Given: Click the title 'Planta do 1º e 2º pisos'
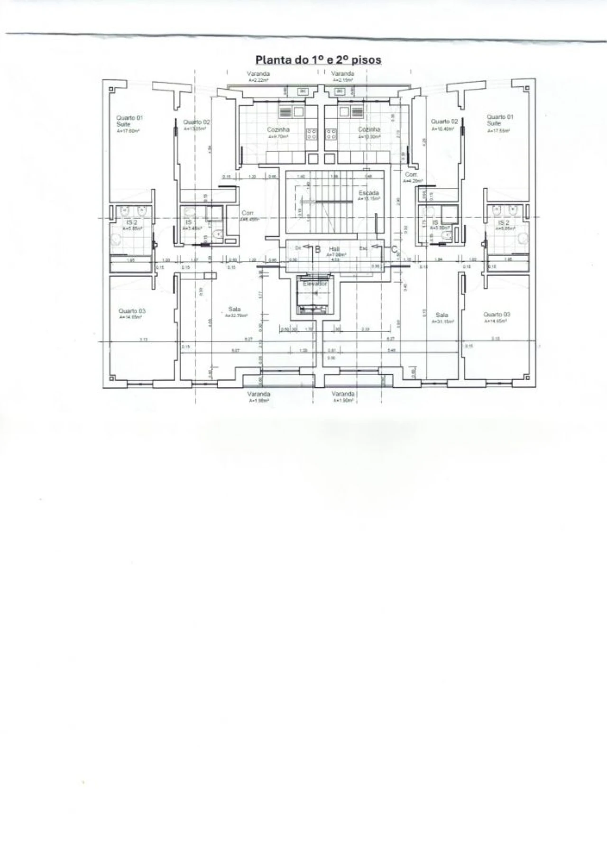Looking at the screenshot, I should pos(318,60).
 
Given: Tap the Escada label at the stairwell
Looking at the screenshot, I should pos(368,193).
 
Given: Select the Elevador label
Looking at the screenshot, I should pos(315,283).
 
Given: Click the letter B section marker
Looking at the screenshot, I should pos(318,249).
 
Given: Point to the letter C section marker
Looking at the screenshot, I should pos(394,248).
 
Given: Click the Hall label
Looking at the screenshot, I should pos(334,248).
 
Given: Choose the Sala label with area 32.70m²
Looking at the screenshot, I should pos(234,309).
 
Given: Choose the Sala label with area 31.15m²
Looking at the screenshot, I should pos(441,315).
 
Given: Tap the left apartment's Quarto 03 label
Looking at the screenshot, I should pos(132,312).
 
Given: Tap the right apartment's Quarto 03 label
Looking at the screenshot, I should pos(497,314).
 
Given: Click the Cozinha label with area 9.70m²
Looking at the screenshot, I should pos(278,129).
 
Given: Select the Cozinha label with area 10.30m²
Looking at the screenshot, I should pos(369,129).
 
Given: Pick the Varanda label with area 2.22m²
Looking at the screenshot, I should pos(258,74).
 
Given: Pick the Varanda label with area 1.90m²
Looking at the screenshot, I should pos(343,394).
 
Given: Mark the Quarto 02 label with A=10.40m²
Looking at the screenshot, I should pos(444,122).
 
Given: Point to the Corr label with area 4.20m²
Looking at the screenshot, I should pos(410,175).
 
